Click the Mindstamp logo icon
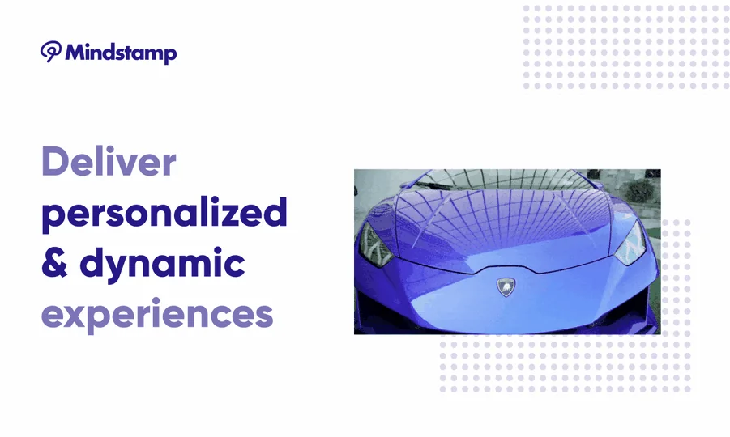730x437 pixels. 51,51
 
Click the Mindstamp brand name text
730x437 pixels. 121,53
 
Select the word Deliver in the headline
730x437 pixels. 109,161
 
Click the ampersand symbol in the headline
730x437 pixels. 54,263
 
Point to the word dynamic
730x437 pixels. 163,265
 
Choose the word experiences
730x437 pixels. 157,315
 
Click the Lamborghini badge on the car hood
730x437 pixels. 506,287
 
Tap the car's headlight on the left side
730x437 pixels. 375,244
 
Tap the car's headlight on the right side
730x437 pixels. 630,243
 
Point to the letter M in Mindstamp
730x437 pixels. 76,52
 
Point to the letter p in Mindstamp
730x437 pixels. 169,56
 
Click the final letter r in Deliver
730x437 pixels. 169,166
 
